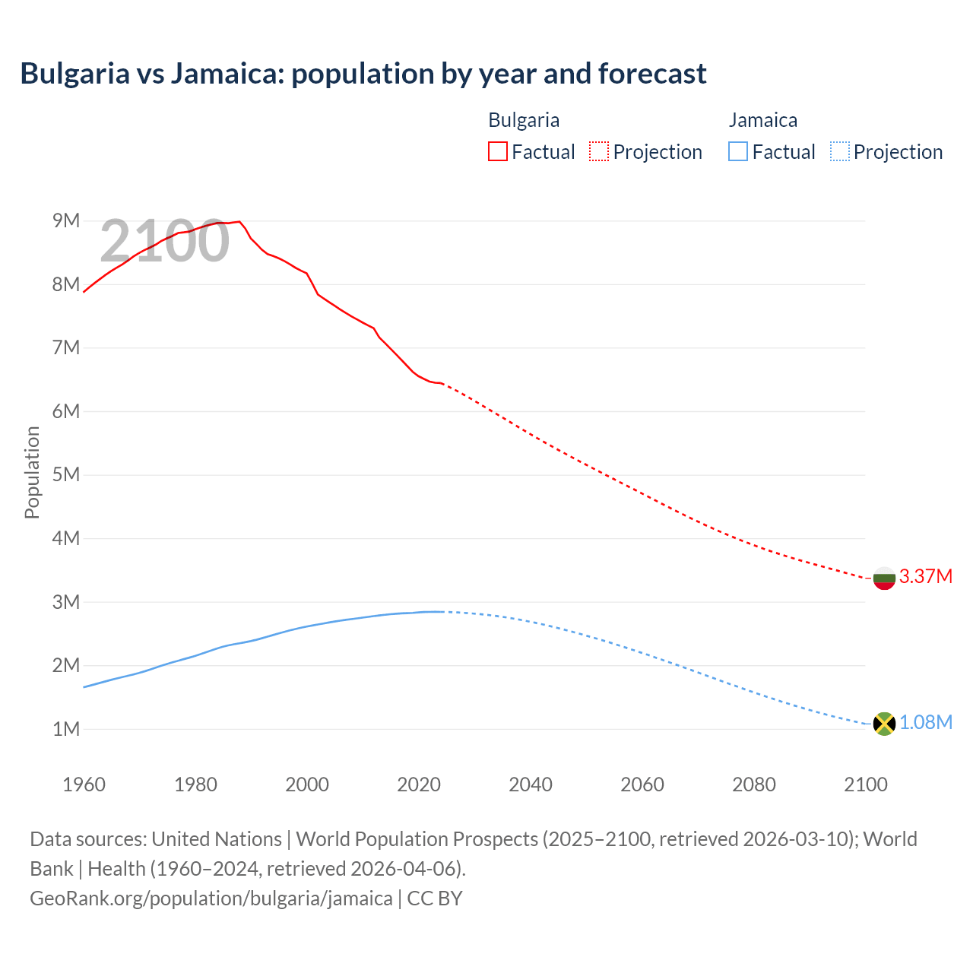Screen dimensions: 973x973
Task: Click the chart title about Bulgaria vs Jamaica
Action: coord(363,74)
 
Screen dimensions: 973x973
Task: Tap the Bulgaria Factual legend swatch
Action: coord(498,151)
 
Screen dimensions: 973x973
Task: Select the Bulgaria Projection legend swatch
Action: coord(599,151)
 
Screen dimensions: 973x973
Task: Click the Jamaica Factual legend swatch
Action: coord(738,151)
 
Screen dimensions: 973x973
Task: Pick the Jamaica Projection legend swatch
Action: coord(840,151)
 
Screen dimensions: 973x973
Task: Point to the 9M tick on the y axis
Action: coord(66,220)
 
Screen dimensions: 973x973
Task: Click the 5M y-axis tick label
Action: coord(66,474)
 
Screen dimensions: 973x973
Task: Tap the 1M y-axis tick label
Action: coord(66,729)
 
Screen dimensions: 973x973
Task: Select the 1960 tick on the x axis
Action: coord(84,784)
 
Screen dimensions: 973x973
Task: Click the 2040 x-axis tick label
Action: coord(531,784)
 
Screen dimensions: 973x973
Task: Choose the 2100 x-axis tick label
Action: coord(865,784)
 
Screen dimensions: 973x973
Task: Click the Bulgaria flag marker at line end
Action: coord(884,578)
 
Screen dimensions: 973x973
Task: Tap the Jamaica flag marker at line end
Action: coord(884,724)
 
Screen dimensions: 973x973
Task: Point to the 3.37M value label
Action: coord(926,576)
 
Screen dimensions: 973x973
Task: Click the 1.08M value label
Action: coord(926,722)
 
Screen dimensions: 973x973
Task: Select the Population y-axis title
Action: coord(32,472)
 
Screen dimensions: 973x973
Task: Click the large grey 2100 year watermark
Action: coord(164,241)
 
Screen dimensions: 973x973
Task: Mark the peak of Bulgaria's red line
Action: coord(239,221)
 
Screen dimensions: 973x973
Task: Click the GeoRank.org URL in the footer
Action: coord(211,898)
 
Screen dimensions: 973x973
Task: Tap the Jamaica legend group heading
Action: coord(763,120)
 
